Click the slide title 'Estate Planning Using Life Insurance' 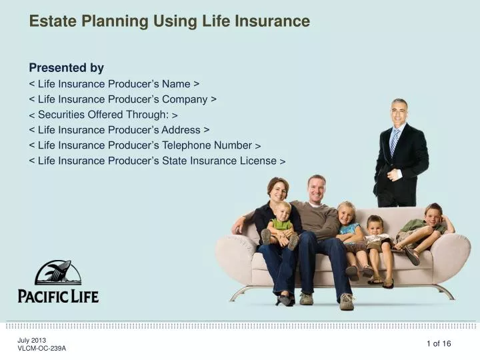pos(169,21)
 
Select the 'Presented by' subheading pos(67,67)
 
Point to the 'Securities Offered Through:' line pos(103,115)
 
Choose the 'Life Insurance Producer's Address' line pos(119,130)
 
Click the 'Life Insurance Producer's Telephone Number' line pos(145,145)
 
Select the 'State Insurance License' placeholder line pos(157,161)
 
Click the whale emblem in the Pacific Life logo pos(58,273)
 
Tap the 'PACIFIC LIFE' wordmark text pos(58,294)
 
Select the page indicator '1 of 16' pos(439,343)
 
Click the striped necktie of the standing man pos(395,141)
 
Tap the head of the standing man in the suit pos(399,110)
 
